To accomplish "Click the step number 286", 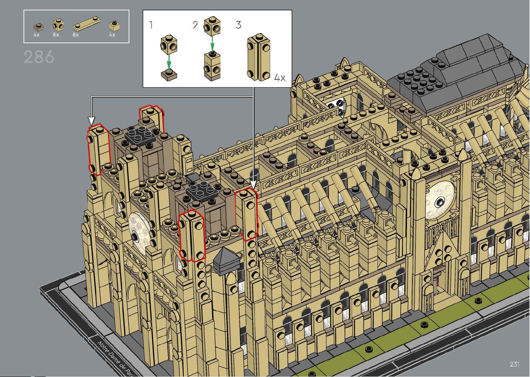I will point(39,57).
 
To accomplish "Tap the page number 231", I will point(514,364).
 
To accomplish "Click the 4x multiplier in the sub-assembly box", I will point(280,77).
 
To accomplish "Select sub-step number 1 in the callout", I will point(151,25).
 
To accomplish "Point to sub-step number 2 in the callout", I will point(195,25).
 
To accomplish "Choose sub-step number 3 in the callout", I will point(238,25).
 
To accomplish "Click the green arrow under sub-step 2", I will point(212,43).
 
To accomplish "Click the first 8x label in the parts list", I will point(56,35).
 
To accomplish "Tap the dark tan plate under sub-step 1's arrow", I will point(169,74).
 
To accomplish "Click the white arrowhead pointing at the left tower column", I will point(91,121).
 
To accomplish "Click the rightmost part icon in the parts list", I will point(115,26).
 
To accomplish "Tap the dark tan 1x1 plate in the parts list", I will point(38,27).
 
